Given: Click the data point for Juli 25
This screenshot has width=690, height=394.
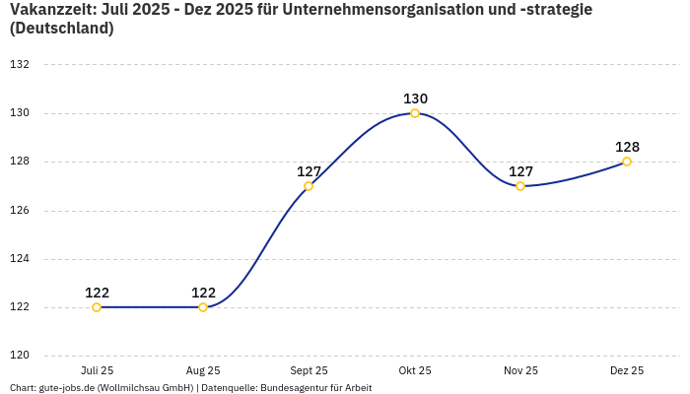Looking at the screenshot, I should coord(97,307).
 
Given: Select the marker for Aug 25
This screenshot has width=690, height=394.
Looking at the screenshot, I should coord(203,307).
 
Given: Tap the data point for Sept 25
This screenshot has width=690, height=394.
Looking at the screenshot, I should coord(309,186).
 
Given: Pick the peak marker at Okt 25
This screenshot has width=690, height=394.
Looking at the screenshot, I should coord(415,113).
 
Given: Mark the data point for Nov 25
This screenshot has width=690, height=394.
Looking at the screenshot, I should coord(520,186).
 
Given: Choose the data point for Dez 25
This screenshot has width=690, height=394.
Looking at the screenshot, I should coord(627,162).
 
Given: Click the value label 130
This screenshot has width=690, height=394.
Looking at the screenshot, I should coord(415,98).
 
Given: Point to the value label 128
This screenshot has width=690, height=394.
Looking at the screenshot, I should coord(627,147).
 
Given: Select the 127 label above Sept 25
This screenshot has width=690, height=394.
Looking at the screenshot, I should coord(309,171).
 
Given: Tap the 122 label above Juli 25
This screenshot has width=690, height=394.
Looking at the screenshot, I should coord(97,293).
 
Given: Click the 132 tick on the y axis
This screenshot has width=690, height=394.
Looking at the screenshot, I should coord(20,65).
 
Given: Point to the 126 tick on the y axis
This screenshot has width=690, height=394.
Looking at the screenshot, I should coord(20,211).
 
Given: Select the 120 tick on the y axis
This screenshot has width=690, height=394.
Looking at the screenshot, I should coord(20,356).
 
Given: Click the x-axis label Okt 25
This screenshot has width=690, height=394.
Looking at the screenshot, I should coord(415,371).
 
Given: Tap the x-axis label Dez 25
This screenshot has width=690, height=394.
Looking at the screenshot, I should coord(627,371).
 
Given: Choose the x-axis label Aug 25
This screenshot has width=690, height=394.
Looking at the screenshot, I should coord(203,371).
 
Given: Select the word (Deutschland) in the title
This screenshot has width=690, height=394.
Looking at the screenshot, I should coord(61,29).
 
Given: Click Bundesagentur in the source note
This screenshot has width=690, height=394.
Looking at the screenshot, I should coord(300,388).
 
